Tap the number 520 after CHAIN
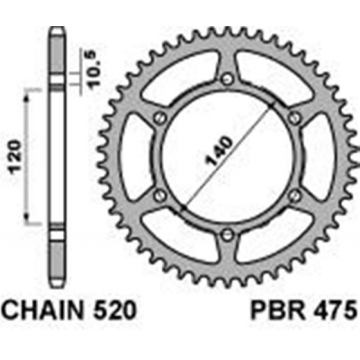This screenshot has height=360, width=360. [116, 310]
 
